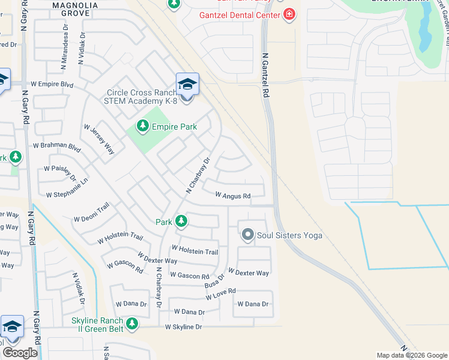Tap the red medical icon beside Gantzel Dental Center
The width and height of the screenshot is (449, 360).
(x=289, y=14)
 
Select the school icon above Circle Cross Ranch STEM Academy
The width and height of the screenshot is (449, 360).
(x=187, y=85)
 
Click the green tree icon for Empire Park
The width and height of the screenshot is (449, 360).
(x=142, y=126)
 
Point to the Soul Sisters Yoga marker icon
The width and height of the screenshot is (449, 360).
(x=247, y=235)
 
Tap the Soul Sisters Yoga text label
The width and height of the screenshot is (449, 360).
(x=289, y=235)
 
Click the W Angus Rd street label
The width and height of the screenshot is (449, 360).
(x=232, y=196)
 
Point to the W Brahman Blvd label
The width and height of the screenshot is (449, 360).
(x=56, y=146)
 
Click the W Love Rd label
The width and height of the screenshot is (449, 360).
(x=220, y=293)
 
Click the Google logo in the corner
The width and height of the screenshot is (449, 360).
(x=20, y=353)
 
